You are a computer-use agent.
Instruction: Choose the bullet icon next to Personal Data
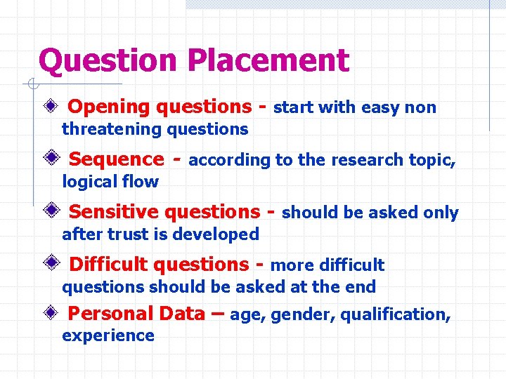point(50,314)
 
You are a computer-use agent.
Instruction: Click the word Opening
point(110,107)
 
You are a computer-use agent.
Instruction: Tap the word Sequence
point(116,160)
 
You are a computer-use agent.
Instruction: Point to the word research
point(364,160)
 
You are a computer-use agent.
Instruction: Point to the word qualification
point(396,315)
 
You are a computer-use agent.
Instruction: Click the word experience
point(108,335)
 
